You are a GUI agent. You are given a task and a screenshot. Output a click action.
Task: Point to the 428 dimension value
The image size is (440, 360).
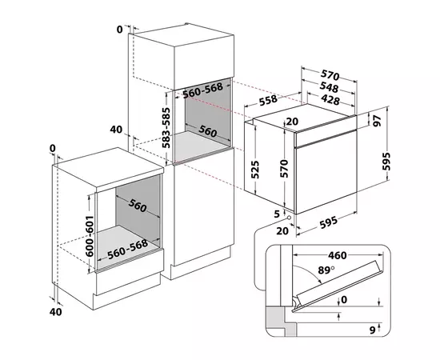[326, 100]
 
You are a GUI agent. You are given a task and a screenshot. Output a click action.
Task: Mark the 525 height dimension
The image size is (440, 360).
[255, 170]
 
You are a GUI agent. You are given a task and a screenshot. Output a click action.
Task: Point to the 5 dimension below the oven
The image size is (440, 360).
[276, 214]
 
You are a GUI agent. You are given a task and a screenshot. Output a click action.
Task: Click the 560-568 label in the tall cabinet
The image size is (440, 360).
[204, 93]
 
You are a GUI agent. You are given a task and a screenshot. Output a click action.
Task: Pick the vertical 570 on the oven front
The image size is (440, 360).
[282, 169]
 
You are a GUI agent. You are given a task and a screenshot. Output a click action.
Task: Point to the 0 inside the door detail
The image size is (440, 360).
[344, 300]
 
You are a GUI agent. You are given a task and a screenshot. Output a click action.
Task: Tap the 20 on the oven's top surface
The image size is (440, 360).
[292, 122]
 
